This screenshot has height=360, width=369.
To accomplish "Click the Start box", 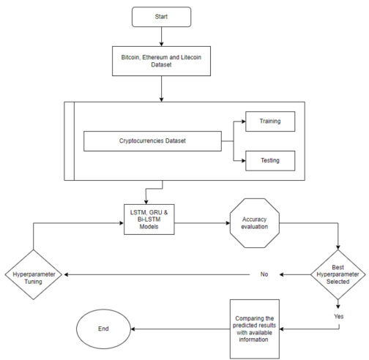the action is point(161,17).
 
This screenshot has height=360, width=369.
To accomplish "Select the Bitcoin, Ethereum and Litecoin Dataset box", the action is point(161,61).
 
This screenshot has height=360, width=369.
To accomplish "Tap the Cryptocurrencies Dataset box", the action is point(152,141).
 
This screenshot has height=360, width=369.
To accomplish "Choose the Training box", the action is point(270,121).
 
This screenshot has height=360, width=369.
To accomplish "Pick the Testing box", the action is point(270,161).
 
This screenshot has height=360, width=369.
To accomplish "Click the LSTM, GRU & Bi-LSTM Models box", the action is point(149,220).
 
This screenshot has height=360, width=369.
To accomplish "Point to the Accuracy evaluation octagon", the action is point(255,223).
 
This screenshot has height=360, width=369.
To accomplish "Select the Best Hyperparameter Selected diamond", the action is point(338,274).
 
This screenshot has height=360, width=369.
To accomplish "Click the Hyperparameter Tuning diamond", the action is point(34,274).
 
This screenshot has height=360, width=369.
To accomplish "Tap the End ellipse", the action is point(103,329).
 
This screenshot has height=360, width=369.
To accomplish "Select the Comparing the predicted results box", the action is point(255,329).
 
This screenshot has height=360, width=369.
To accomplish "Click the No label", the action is point(264,274).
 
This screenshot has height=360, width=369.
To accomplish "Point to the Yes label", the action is point(339,316).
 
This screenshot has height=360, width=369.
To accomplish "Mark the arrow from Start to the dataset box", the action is point(161,37).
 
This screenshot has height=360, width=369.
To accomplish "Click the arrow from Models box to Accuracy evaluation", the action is point(202,223).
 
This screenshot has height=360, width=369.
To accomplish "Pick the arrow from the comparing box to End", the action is point(181,329).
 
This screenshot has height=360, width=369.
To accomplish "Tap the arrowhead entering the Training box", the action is point(243,121).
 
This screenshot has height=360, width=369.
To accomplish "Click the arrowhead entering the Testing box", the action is point(243,161).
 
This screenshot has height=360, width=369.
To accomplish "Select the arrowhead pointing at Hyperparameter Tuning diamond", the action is point(66,274).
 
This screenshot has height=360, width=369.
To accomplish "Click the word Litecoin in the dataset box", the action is point(191,57).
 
